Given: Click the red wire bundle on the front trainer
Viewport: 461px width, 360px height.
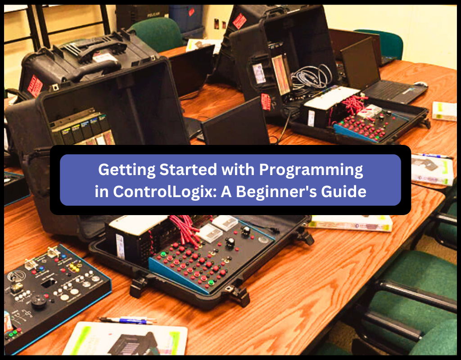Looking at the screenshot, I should point(185,225).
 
